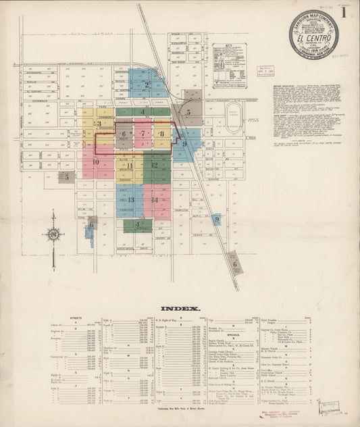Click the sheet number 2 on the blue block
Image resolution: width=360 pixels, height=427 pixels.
(x=147, y=85)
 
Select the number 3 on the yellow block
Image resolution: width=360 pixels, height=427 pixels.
(x=99, y=124)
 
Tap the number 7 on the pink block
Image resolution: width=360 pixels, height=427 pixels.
(x=143, y=133)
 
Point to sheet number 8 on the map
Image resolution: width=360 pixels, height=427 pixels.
(x=162, y=134)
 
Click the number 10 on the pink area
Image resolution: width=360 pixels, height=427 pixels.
(x=95, y=162)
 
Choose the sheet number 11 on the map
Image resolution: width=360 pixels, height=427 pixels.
(x=128, y=165)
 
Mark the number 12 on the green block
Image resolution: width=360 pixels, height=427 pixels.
(x=154, y=165)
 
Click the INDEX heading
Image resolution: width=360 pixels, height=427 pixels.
(x=180, y=308)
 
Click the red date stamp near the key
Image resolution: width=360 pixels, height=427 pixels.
(x=265, y=70)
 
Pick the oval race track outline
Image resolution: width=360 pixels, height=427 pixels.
(x=234, y=119)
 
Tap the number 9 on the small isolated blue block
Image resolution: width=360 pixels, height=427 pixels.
(x=217, y=219)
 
